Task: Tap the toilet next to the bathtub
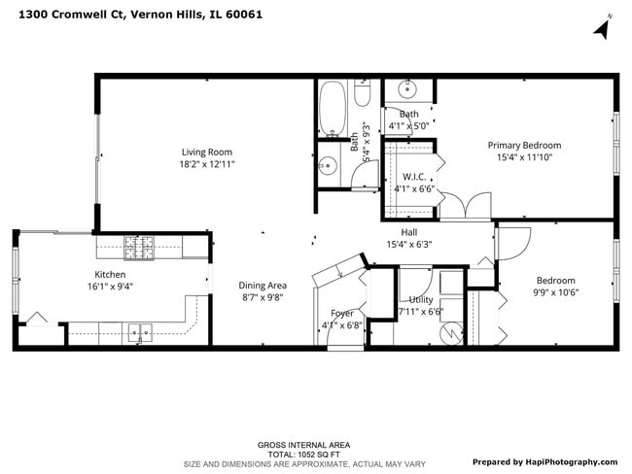[362, 94]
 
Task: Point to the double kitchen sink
[142, 333]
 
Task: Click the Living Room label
[206, 152]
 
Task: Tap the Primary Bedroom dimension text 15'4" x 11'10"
[524, 157]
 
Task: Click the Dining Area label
[263, 286]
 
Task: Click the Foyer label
[342, 313]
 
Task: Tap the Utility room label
[420, 300]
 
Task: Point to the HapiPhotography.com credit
[544, 461]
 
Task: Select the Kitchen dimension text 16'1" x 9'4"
[109, 287]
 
